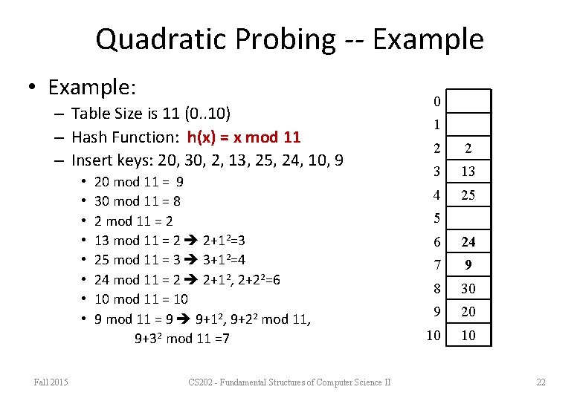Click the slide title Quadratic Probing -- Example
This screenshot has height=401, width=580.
point(289,39)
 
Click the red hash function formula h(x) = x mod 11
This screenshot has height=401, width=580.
point(244,137)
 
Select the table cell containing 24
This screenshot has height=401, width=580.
point(468,241)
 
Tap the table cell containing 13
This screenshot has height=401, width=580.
point(468,172)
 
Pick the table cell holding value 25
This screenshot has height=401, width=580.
point(468,195)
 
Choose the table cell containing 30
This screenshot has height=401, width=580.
point(468,288)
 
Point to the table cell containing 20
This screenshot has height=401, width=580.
point(468,312)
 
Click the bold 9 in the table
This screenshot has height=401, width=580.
point(468,265)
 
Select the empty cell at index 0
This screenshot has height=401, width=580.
point(468,101)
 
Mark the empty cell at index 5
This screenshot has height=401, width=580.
point(468,218)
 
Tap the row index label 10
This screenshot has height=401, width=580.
point(433,336)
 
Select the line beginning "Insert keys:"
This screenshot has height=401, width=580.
point(207,160)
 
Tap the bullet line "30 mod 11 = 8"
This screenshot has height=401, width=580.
point(138,201)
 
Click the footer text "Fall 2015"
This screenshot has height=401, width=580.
point(51,382)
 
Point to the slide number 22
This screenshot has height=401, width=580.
point(541,382)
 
